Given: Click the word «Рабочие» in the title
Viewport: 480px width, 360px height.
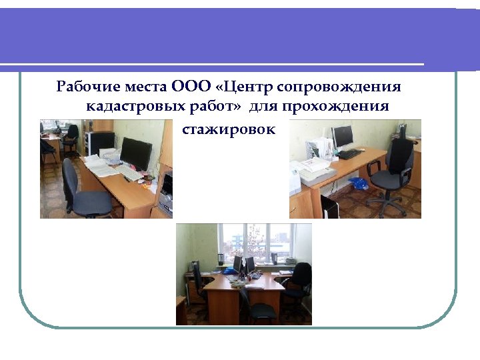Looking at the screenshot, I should [x=81, y=87].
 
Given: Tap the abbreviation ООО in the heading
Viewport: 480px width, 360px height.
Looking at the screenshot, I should [x=191, y=87].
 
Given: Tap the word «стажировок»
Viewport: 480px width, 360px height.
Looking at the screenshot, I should [x=228, y=129].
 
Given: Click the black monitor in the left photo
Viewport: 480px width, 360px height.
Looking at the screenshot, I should [x=135, y=154].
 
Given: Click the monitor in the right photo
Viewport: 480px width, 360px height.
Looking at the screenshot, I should [x=343, y=138].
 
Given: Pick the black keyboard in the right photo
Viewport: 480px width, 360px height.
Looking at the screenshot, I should [x=349, y=154].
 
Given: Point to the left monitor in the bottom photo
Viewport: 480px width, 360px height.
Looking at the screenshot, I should [x=238, y=264].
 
